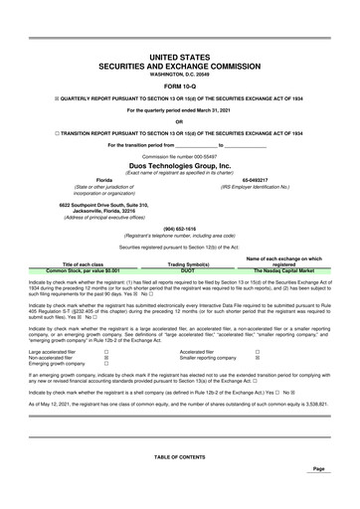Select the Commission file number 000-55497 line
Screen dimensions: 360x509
(x=179, y=156)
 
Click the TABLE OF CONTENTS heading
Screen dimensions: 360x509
(x=179, y=456)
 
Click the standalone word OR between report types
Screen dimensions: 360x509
(x=179, y=122)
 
